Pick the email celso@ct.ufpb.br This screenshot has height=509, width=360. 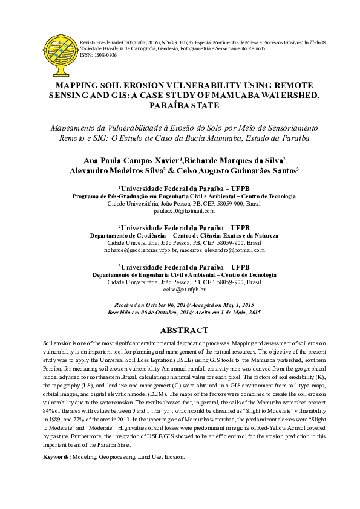coord(184,289)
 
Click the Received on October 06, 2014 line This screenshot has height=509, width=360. coord(184,305)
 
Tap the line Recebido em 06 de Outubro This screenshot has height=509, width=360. coord(184,313)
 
